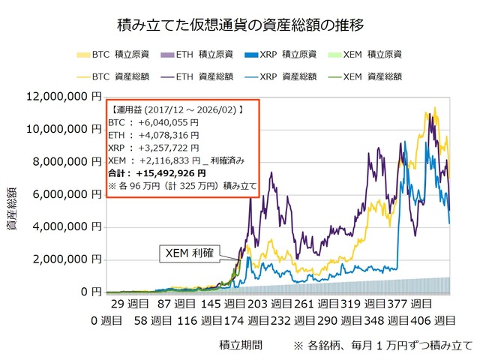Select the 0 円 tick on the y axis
(x=91, y=291)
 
